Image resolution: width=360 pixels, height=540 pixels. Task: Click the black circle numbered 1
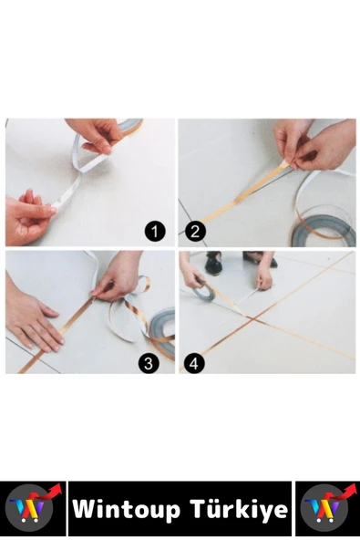155,231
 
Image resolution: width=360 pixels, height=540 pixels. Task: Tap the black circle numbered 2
195,231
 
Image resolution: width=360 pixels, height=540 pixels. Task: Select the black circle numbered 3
149,363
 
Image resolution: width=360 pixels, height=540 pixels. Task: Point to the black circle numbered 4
194,363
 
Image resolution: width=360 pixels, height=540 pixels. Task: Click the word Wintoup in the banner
127,510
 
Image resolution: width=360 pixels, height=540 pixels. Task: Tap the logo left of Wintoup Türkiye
33,508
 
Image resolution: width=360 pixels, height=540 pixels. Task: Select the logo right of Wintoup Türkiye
328,508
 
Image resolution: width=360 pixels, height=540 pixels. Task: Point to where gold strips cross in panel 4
254,319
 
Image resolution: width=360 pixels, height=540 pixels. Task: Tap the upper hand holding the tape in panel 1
97,134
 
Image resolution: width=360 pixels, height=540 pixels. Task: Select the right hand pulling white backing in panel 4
264,278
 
